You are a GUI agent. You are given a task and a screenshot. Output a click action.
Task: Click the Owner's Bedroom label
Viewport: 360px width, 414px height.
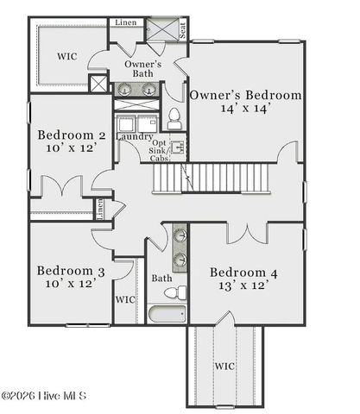click(245, 95)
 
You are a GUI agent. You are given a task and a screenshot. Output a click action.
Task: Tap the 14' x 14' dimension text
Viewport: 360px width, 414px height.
click(245, 110)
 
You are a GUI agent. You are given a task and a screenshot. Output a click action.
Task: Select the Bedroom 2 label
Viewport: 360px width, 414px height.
click(72, 135)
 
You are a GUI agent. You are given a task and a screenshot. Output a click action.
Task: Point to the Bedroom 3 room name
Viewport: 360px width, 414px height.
click(71, 271)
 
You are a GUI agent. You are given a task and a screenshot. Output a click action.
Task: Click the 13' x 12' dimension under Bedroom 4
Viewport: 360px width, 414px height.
click(244, 287)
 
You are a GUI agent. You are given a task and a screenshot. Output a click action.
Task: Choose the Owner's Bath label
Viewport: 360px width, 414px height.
click(142, 69)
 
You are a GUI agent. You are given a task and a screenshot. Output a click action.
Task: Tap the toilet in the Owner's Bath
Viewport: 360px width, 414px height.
click(174, 116)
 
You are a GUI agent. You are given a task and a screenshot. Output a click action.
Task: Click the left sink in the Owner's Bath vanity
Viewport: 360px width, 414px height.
click(126, 89)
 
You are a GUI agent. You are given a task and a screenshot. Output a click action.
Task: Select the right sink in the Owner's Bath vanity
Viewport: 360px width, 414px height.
click(148, 89)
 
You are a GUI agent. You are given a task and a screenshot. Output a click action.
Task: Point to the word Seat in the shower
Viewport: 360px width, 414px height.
click(183, 31)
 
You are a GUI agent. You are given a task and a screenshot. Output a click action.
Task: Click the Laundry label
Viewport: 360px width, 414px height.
click(133, 137)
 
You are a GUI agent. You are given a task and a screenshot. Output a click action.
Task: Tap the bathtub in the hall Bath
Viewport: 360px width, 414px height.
click(165, 312)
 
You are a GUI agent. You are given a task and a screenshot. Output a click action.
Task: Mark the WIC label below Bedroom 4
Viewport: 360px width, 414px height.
click(224, 366)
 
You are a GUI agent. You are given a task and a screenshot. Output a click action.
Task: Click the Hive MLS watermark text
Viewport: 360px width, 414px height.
click(45, 396)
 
